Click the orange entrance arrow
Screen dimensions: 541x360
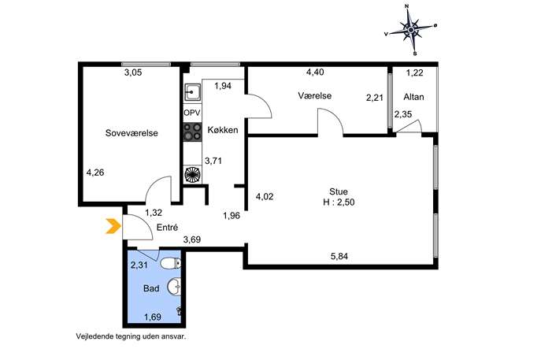[x=113, y=226]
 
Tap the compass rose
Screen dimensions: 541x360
[x=410, y=30]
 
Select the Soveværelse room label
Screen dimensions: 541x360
[x=132, y=133]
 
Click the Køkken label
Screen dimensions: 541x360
[x=223, y=130]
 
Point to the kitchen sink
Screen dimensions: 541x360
[x=192, y=92]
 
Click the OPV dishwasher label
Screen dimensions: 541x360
[x=192, y=113]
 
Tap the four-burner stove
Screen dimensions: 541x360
[x=192, y=132]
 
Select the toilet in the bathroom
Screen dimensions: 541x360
[x=171, y=264]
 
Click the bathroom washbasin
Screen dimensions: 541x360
[x=174, y=287]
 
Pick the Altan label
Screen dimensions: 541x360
[x=413, y=97]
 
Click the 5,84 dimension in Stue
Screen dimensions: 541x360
[x=339, y=256]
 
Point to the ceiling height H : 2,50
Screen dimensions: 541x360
[x=339, y=202]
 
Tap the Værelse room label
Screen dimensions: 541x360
[x=315, y=95]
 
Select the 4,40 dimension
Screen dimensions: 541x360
[x=315, y=72]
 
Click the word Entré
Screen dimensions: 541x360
[x=167, y=228]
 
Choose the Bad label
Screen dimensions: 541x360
[x=151, y=288]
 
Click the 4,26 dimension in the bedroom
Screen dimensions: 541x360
[x=95, y=173]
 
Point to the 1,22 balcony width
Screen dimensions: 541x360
[x=414, y=72]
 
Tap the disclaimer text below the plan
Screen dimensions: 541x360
[x=131, y=336]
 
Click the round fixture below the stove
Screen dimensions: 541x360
[x=192, y=174]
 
